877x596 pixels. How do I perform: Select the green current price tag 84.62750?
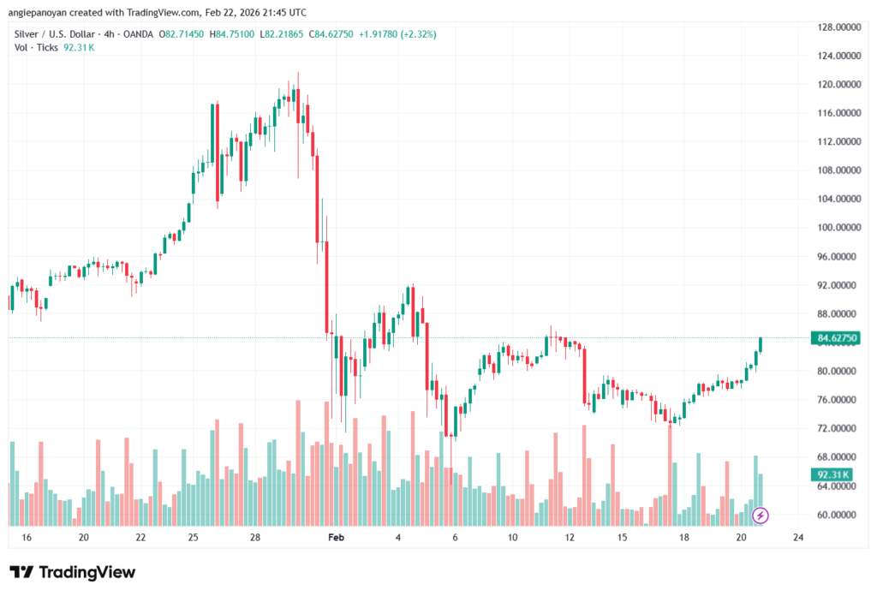(838, 338)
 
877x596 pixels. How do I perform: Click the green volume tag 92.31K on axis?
(832, 474)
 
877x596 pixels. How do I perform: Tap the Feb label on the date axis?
(336, 537)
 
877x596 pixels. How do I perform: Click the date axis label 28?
(255, 537)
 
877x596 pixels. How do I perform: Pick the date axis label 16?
(27, 537)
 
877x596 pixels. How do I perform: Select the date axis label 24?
(798, 537)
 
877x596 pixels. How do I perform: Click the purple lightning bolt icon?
(761, 515)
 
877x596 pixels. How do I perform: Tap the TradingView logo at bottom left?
(73, 572)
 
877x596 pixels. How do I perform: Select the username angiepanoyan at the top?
(42, 13)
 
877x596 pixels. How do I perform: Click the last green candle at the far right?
(761, 344)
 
